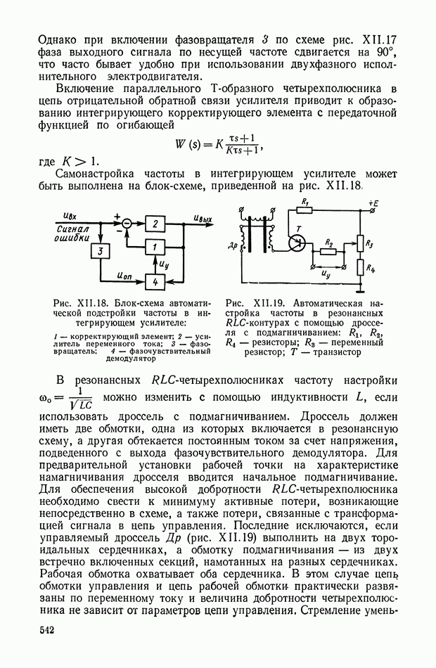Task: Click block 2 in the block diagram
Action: click(156, 224)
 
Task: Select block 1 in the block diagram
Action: click(156, 247)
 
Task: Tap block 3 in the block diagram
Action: click(101, 252)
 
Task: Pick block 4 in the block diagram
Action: click(156, 281)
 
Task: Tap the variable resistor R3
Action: click(359, 243)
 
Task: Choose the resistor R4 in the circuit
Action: click(359, 268)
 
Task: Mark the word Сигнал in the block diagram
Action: click(72, 229)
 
